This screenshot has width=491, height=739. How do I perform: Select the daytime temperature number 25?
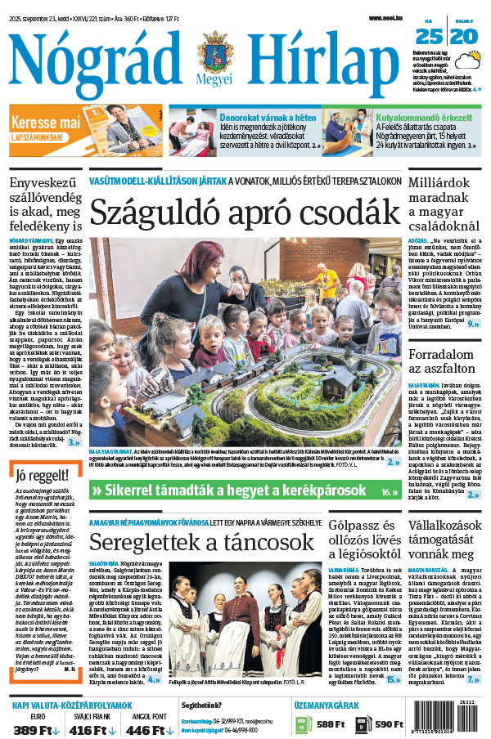click(429, 36)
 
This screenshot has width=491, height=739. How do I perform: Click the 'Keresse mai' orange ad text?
click(46, 122)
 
